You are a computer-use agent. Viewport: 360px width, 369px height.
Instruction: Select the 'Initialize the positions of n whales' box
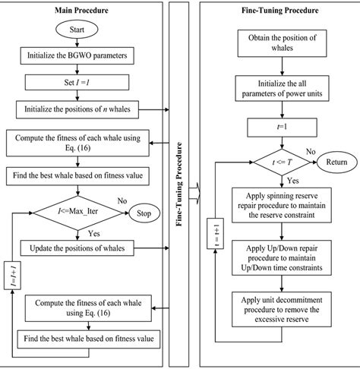(x=76, y=108)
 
